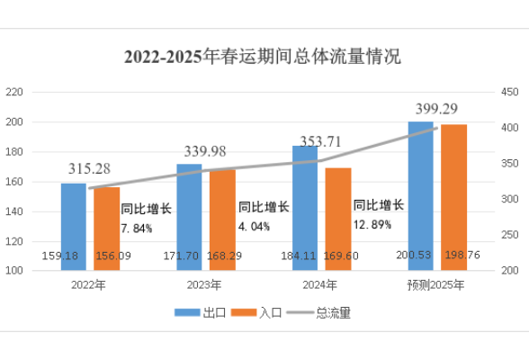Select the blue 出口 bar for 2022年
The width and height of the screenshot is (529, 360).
[74, 225]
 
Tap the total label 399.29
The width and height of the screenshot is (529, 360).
[438, 109]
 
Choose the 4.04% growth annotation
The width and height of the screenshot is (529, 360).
[255, 227]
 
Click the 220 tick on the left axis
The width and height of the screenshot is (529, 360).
[13, 92]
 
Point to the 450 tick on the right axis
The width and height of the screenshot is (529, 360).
[509, 92]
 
